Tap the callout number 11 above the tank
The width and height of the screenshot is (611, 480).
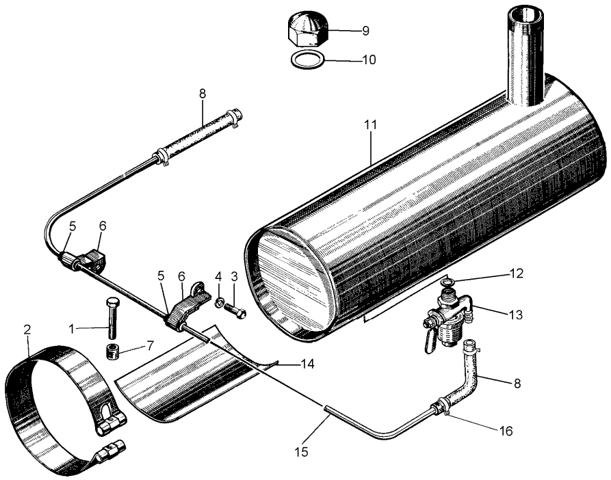pyautogui.click(x=370, y=125)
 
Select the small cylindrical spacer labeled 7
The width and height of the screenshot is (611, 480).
pyautogui.click(x=114, y=352)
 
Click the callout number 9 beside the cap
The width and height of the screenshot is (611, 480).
pyautogui.click(x=365, y=31)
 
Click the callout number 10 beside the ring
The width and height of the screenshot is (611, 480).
pyautogui.click(x=368, y=60)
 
